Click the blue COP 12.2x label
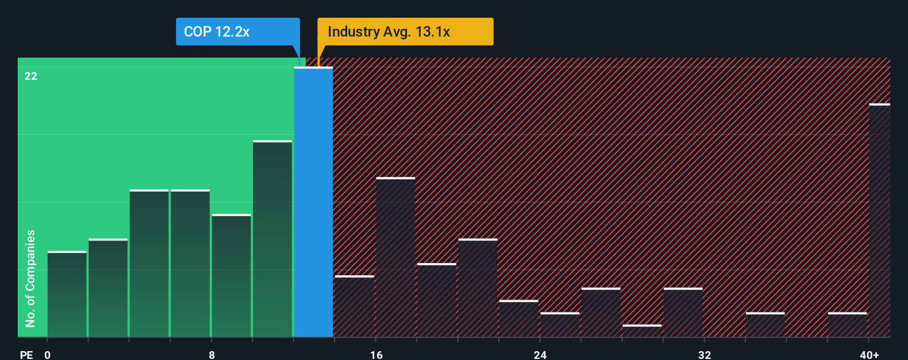click(238, 32)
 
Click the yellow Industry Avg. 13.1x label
click(405, 32)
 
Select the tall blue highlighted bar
click(313, 202)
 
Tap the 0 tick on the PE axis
click(48, 354)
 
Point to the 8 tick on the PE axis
click(212, 354)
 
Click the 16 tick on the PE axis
click(376, 354)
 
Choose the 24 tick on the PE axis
click(540, 354)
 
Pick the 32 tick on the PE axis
click(704, 354)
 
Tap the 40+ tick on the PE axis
click(869, 354)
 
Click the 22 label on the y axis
click(31, 76)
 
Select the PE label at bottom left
click(26, 354)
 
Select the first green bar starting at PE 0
click(67, 294)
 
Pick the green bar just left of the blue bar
click(272, 239)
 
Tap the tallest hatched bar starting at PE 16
click(395, 257)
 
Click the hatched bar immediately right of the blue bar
click(354, 306)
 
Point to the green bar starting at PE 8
click(231, 275)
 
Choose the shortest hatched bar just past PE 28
click(642, 331)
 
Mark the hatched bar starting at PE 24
click(560, 325)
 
